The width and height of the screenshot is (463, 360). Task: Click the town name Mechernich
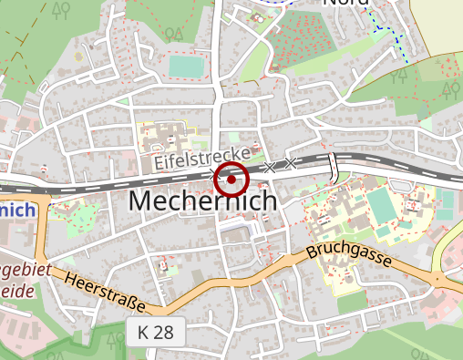203,201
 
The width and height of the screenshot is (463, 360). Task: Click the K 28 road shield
157,332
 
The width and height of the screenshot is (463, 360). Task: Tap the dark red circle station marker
231,180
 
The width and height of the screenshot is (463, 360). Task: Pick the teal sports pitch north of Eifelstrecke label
186,67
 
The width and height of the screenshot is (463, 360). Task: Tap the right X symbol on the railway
290,163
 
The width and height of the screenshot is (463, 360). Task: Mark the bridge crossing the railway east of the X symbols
334,168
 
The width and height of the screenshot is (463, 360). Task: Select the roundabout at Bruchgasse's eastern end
437,279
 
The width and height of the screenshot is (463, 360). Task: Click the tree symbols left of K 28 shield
115,340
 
